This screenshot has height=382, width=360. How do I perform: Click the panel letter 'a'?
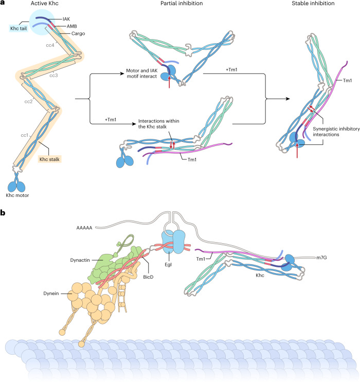coord(4,4)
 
